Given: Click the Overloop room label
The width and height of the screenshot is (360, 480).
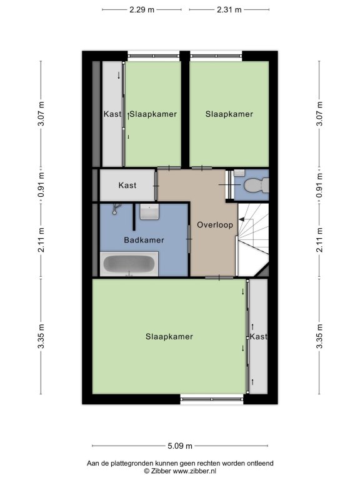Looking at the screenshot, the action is point(215,225).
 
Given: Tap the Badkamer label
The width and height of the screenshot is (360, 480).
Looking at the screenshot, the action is point(144,240).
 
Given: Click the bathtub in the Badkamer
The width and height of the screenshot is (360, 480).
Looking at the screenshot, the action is point(129,264).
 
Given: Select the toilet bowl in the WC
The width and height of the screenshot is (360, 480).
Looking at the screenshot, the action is point(256,186).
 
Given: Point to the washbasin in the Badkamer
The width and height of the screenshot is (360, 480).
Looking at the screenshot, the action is point(150,212).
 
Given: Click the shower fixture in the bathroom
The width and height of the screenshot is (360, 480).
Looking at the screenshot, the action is point(116,209).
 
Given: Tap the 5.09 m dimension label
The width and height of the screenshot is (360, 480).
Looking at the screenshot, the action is point(180,446).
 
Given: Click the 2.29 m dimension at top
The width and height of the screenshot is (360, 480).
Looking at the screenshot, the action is point(142,10).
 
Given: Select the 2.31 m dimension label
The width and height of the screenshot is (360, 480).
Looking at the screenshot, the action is point(229,10).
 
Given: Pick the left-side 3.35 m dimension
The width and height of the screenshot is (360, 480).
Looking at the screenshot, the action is point(41,336).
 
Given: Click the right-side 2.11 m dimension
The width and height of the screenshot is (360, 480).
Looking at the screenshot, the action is point(319,240).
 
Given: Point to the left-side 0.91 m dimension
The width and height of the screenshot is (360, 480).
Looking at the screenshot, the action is point(41,185).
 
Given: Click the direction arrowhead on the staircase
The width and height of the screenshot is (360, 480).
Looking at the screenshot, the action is point(241,219).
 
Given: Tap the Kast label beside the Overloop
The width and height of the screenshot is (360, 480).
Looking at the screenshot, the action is point(127,185).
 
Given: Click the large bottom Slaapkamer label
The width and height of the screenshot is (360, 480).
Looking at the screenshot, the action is point(169,337).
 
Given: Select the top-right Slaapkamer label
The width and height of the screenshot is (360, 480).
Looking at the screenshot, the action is point(229,114).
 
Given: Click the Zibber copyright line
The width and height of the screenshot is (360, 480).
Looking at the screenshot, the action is point(180,471).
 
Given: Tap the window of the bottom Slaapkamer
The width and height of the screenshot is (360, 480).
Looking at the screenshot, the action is point(212,399).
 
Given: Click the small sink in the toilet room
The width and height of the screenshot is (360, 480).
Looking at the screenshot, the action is point(239,172).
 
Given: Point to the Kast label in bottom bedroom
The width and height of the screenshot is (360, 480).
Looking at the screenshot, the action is point(258,336).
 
